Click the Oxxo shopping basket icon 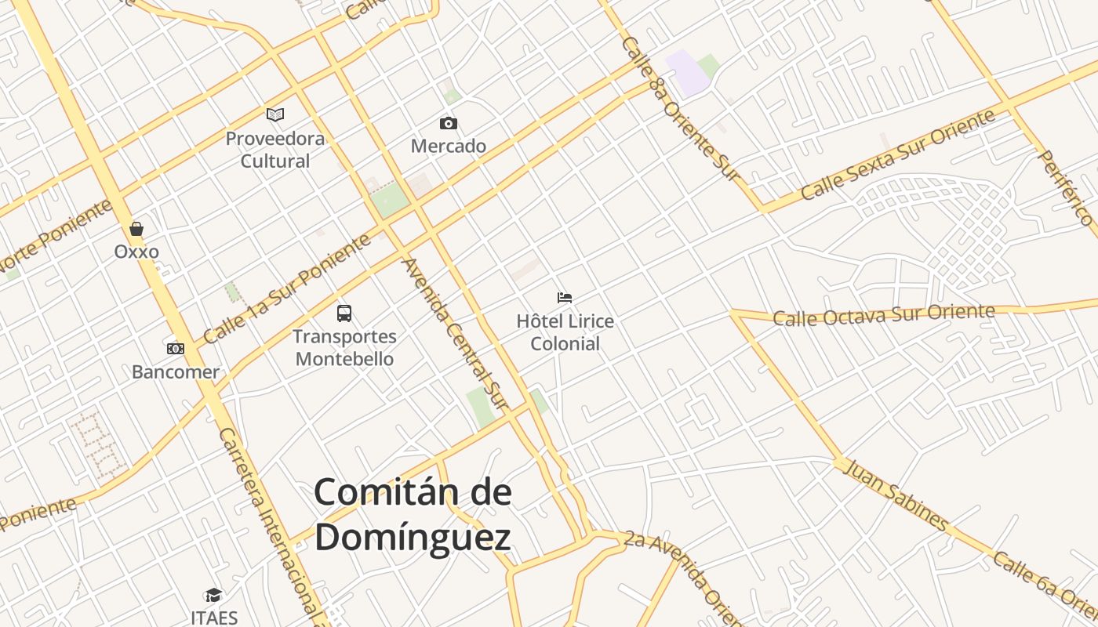click(x=136, y=229)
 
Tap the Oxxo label click(x=136, y=252)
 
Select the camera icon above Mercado click(x=449, y=123)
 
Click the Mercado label click(x=449, y=146)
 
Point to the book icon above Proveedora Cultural click(x=275, y=115)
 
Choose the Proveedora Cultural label click(x=275, y=150)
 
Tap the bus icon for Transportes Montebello click(x=344, y=313)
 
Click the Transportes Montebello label click(x=344, y=348)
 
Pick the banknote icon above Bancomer click(x=176, y=348)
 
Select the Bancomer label click(x=176, y=371)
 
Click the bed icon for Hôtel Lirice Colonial click(x=565, y=298)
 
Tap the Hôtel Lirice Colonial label click(x=565, y=332)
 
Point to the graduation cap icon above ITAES click(x=213, y=596)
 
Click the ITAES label click(x=213, y=618)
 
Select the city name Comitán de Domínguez click(x=413, y=515)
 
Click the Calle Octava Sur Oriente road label click(x=884, y=315)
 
